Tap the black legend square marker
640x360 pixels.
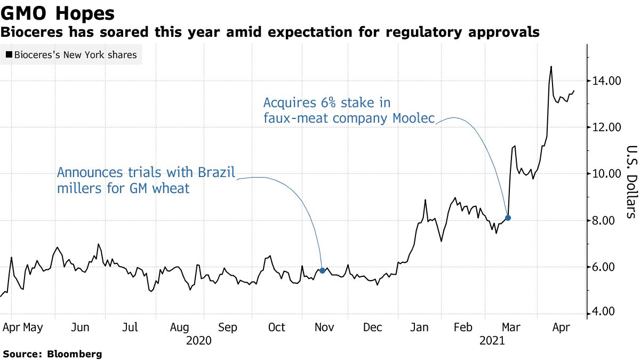click(9, 54)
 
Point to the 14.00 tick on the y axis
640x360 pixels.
click(606, 81)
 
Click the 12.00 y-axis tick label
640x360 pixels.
click(606, 127)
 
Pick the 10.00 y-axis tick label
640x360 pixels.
click(606, 174)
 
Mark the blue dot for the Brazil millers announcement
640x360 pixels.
click(322, 270)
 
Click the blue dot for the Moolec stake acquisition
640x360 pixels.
click(508, 218)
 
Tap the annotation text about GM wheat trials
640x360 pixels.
click(146, 180)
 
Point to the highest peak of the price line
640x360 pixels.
click(551, 67)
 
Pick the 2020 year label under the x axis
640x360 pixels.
click(199, 340)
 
